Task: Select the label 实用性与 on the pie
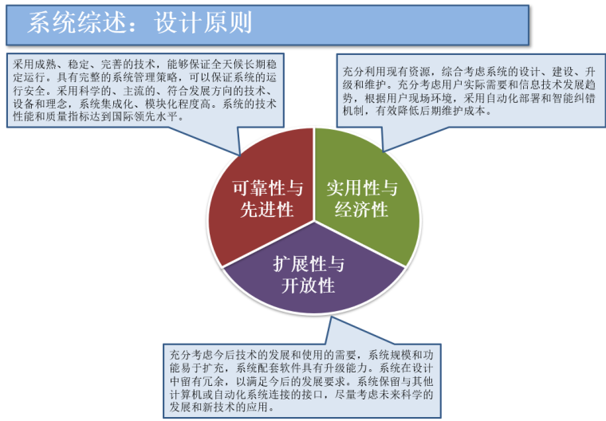pyautogui.click(x=361, y=188)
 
